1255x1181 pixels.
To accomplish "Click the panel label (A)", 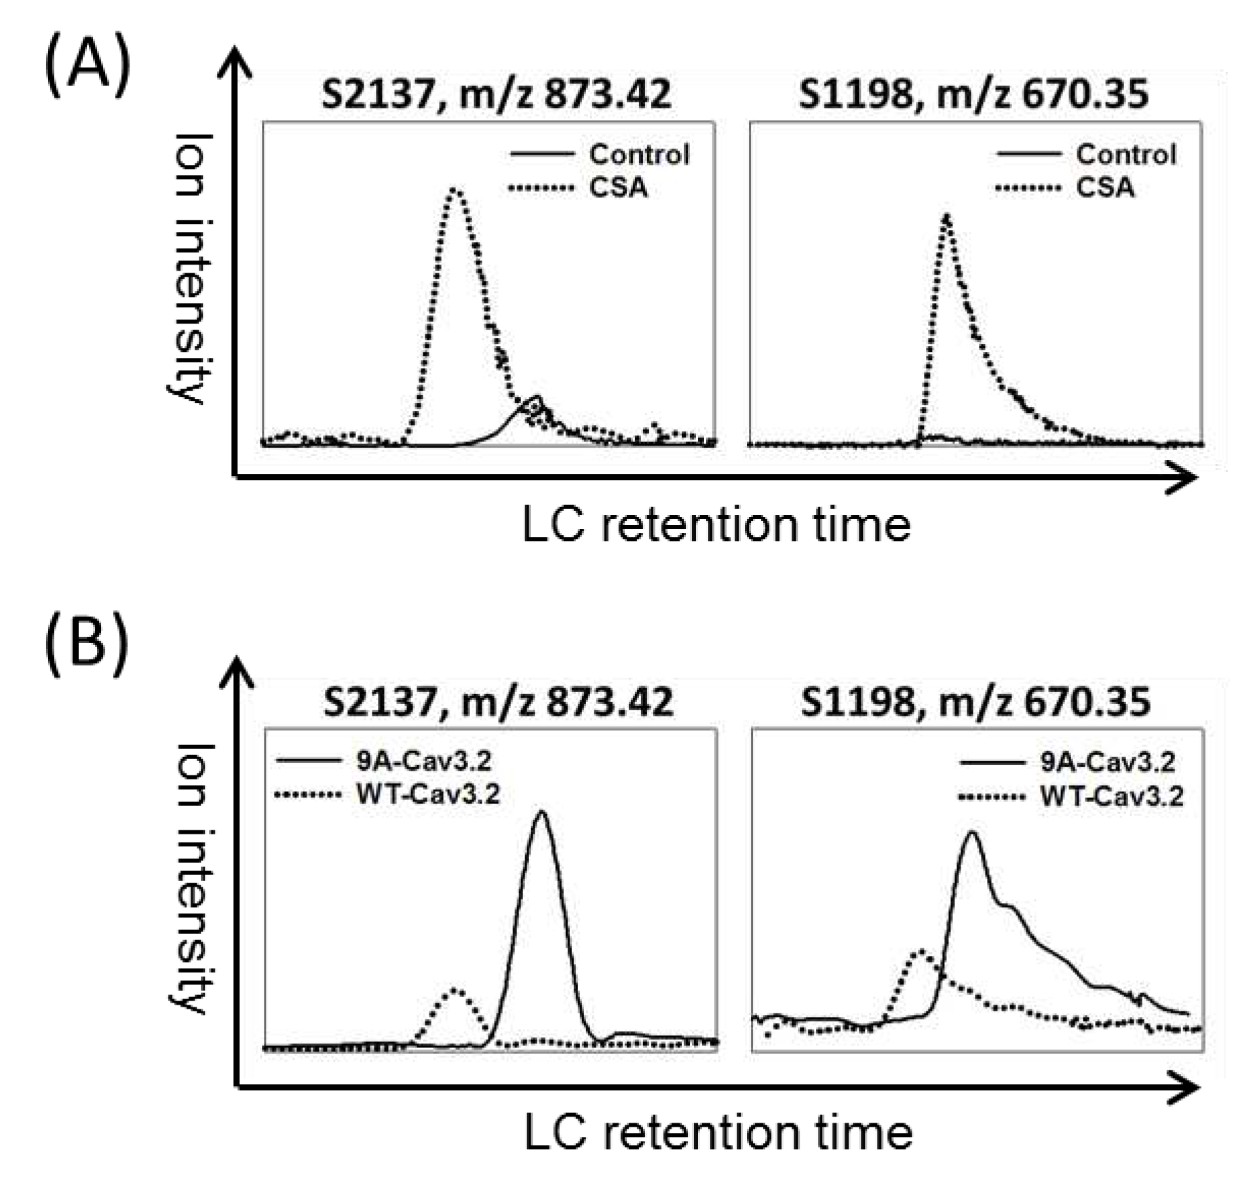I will pos(87,69).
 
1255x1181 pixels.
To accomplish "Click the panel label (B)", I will pos(87,639).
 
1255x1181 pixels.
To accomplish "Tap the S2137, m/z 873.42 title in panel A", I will pos(496,94).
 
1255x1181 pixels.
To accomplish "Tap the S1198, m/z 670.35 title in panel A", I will pos(973,94).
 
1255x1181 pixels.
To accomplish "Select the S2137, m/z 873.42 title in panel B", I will pos(498,701).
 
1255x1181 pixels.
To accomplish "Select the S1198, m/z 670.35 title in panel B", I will pos(975,701).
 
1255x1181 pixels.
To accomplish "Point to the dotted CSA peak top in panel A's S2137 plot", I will pos(456,191).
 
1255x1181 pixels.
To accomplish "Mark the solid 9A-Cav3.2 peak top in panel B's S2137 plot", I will pos(541,812).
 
